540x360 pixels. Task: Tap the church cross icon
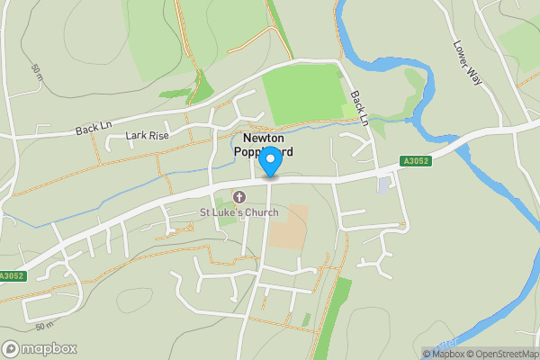pyautogui.click(x=239, y=196)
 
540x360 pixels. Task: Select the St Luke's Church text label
pyautogui.click(x=238, y=212)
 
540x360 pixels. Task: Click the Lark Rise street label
pyautogui.click(x=148, y=136)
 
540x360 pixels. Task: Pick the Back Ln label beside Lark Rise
pyautogui.click(x=92, y=130)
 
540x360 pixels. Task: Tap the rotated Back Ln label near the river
pyautogui.click(x=360, y=107)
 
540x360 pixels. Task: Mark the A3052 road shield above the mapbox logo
pyautogui.click(x=12, y=276)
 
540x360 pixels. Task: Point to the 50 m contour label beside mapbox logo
pyautogui.click(x=42, y=326)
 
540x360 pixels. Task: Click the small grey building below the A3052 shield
pyautogui.click(x=384, y=184)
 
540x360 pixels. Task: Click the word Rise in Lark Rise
pyautogui.click(x=158, y=136)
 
